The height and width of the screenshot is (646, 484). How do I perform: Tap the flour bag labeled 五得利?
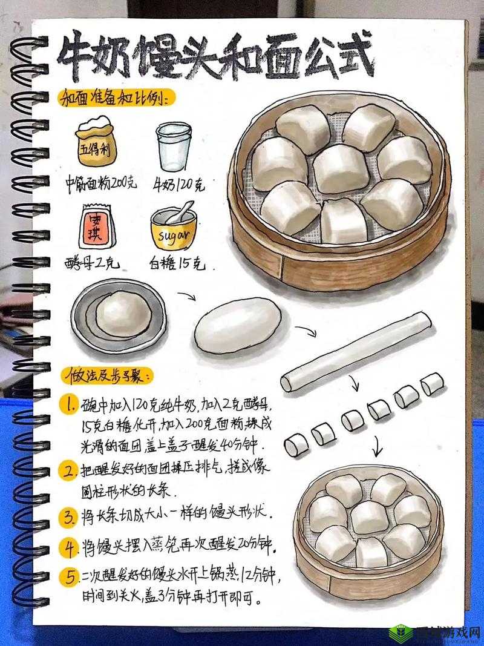(96, 142)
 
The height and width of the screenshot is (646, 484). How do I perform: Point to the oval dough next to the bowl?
(238, 325)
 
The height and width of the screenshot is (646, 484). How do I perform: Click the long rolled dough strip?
(356, 351)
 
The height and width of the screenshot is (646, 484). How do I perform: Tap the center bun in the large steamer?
(341, 168)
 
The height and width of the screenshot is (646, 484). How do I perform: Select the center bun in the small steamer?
(368, 517)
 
